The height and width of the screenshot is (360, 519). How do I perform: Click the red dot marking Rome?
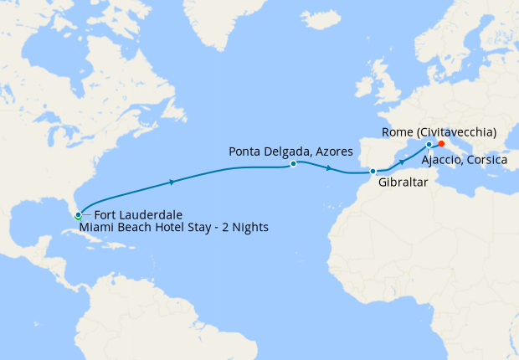point(441,144)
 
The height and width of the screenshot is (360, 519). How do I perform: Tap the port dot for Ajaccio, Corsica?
point(429,144)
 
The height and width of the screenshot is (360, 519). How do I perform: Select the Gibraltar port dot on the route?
point(373,172)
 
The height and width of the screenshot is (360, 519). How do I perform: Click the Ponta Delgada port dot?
point(293,164)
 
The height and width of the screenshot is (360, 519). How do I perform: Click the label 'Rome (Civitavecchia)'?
point(439,132)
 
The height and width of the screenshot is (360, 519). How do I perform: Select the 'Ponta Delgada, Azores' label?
point(290,152)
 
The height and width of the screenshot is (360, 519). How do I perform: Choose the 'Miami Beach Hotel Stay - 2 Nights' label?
point(174,227)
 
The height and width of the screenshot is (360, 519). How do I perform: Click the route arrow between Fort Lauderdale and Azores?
point(172,182)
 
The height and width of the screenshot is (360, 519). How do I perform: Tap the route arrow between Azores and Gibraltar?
point(329,169)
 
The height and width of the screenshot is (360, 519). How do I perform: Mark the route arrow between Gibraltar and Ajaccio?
point(403,162)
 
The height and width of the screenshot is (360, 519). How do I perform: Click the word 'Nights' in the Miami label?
point(250,227)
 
